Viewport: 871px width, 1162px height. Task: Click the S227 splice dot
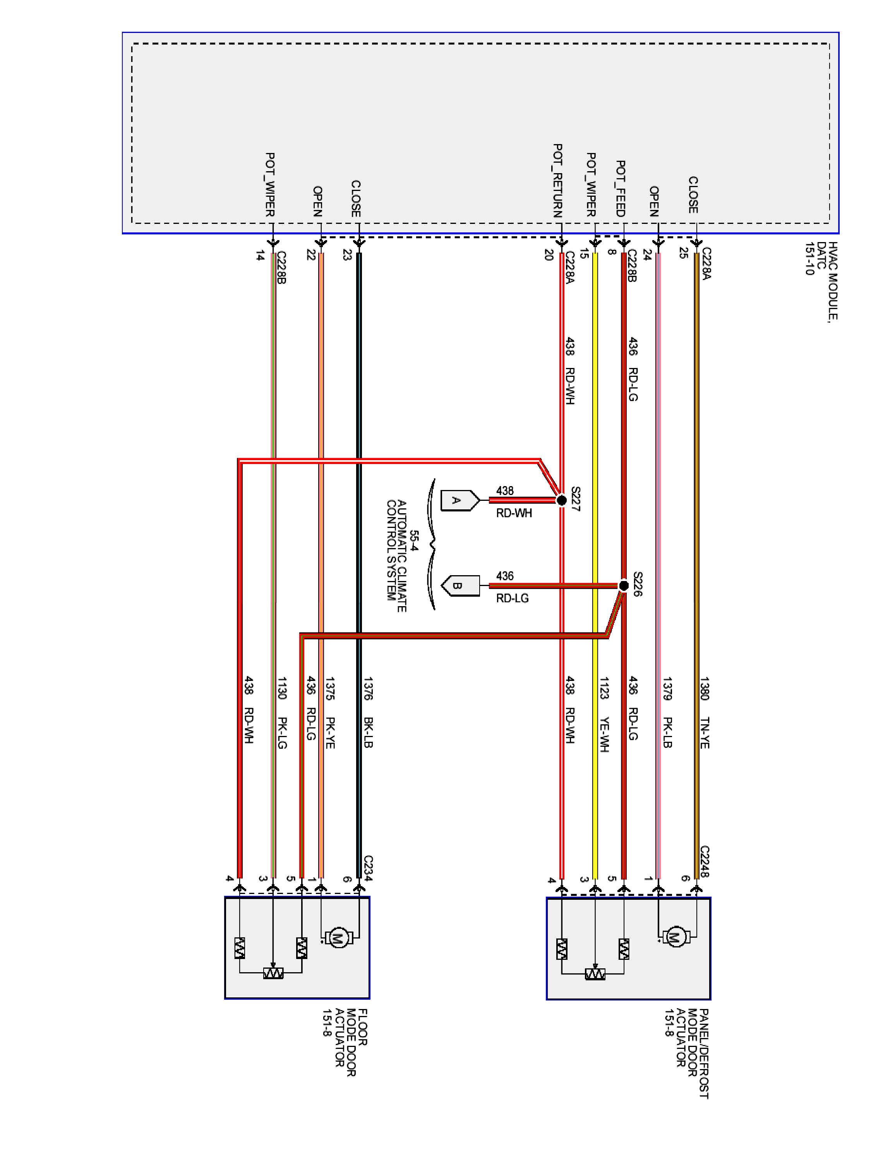tap(561, 500)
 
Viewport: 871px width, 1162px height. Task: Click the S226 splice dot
tap(623, 585)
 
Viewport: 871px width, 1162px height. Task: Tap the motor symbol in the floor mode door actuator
tap(338, 938)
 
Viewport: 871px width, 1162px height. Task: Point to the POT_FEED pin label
tap(620, 189)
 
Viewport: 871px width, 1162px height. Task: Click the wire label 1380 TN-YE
tap(704, 712)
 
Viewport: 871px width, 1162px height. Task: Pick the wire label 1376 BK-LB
tap(367, 712)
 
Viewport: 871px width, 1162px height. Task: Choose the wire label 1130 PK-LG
tap(282, 712)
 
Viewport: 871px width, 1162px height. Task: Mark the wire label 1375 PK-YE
tap(330, 712)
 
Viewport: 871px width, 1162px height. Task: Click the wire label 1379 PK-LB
tap(667, 712)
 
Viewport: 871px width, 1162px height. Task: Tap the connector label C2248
tap(705, 861)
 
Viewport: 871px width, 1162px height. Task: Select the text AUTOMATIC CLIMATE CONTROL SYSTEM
tap(396, 556)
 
